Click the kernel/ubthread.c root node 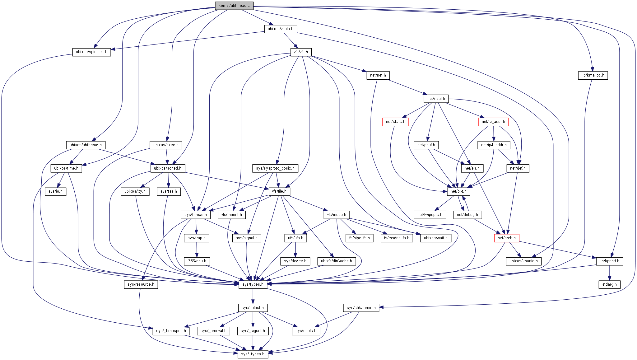234,6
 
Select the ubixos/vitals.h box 280,29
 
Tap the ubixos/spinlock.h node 91,52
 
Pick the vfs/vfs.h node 301,52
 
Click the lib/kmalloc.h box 593,75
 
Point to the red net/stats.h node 395,122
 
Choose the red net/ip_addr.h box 493,122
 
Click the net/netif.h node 436,99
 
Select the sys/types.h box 253,284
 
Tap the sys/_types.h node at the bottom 253,354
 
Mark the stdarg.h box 610,284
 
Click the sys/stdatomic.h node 361,308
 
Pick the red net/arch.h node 506,238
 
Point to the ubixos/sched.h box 168,168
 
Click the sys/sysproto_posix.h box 275,168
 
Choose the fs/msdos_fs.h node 397,238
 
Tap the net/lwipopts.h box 430,215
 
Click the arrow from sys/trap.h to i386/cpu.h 197,250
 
